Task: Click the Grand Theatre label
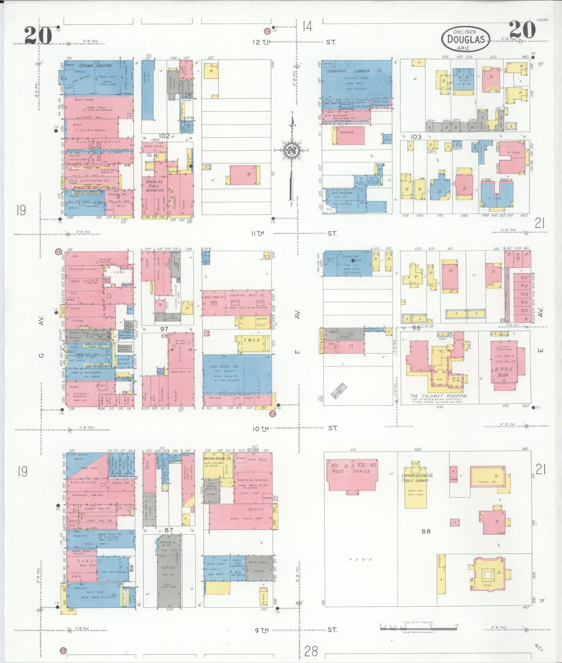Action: (x=95, y=66)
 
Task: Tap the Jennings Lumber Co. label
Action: (x=354, y=71)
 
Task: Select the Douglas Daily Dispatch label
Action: (x=154, y=185)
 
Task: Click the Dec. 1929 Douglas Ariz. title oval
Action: (x=466, y=39)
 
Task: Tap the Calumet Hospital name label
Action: (x=439, y=396)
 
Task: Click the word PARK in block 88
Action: (x=361, y=560)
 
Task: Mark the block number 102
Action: (x=165, y=136)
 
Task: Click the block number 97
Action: (x=164, y=329)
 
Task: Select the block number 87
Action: (x=168, y=530)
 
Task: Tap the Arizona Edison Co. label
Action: (x=217, y=459)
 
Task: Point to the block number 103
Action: (x=416, y=136)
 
